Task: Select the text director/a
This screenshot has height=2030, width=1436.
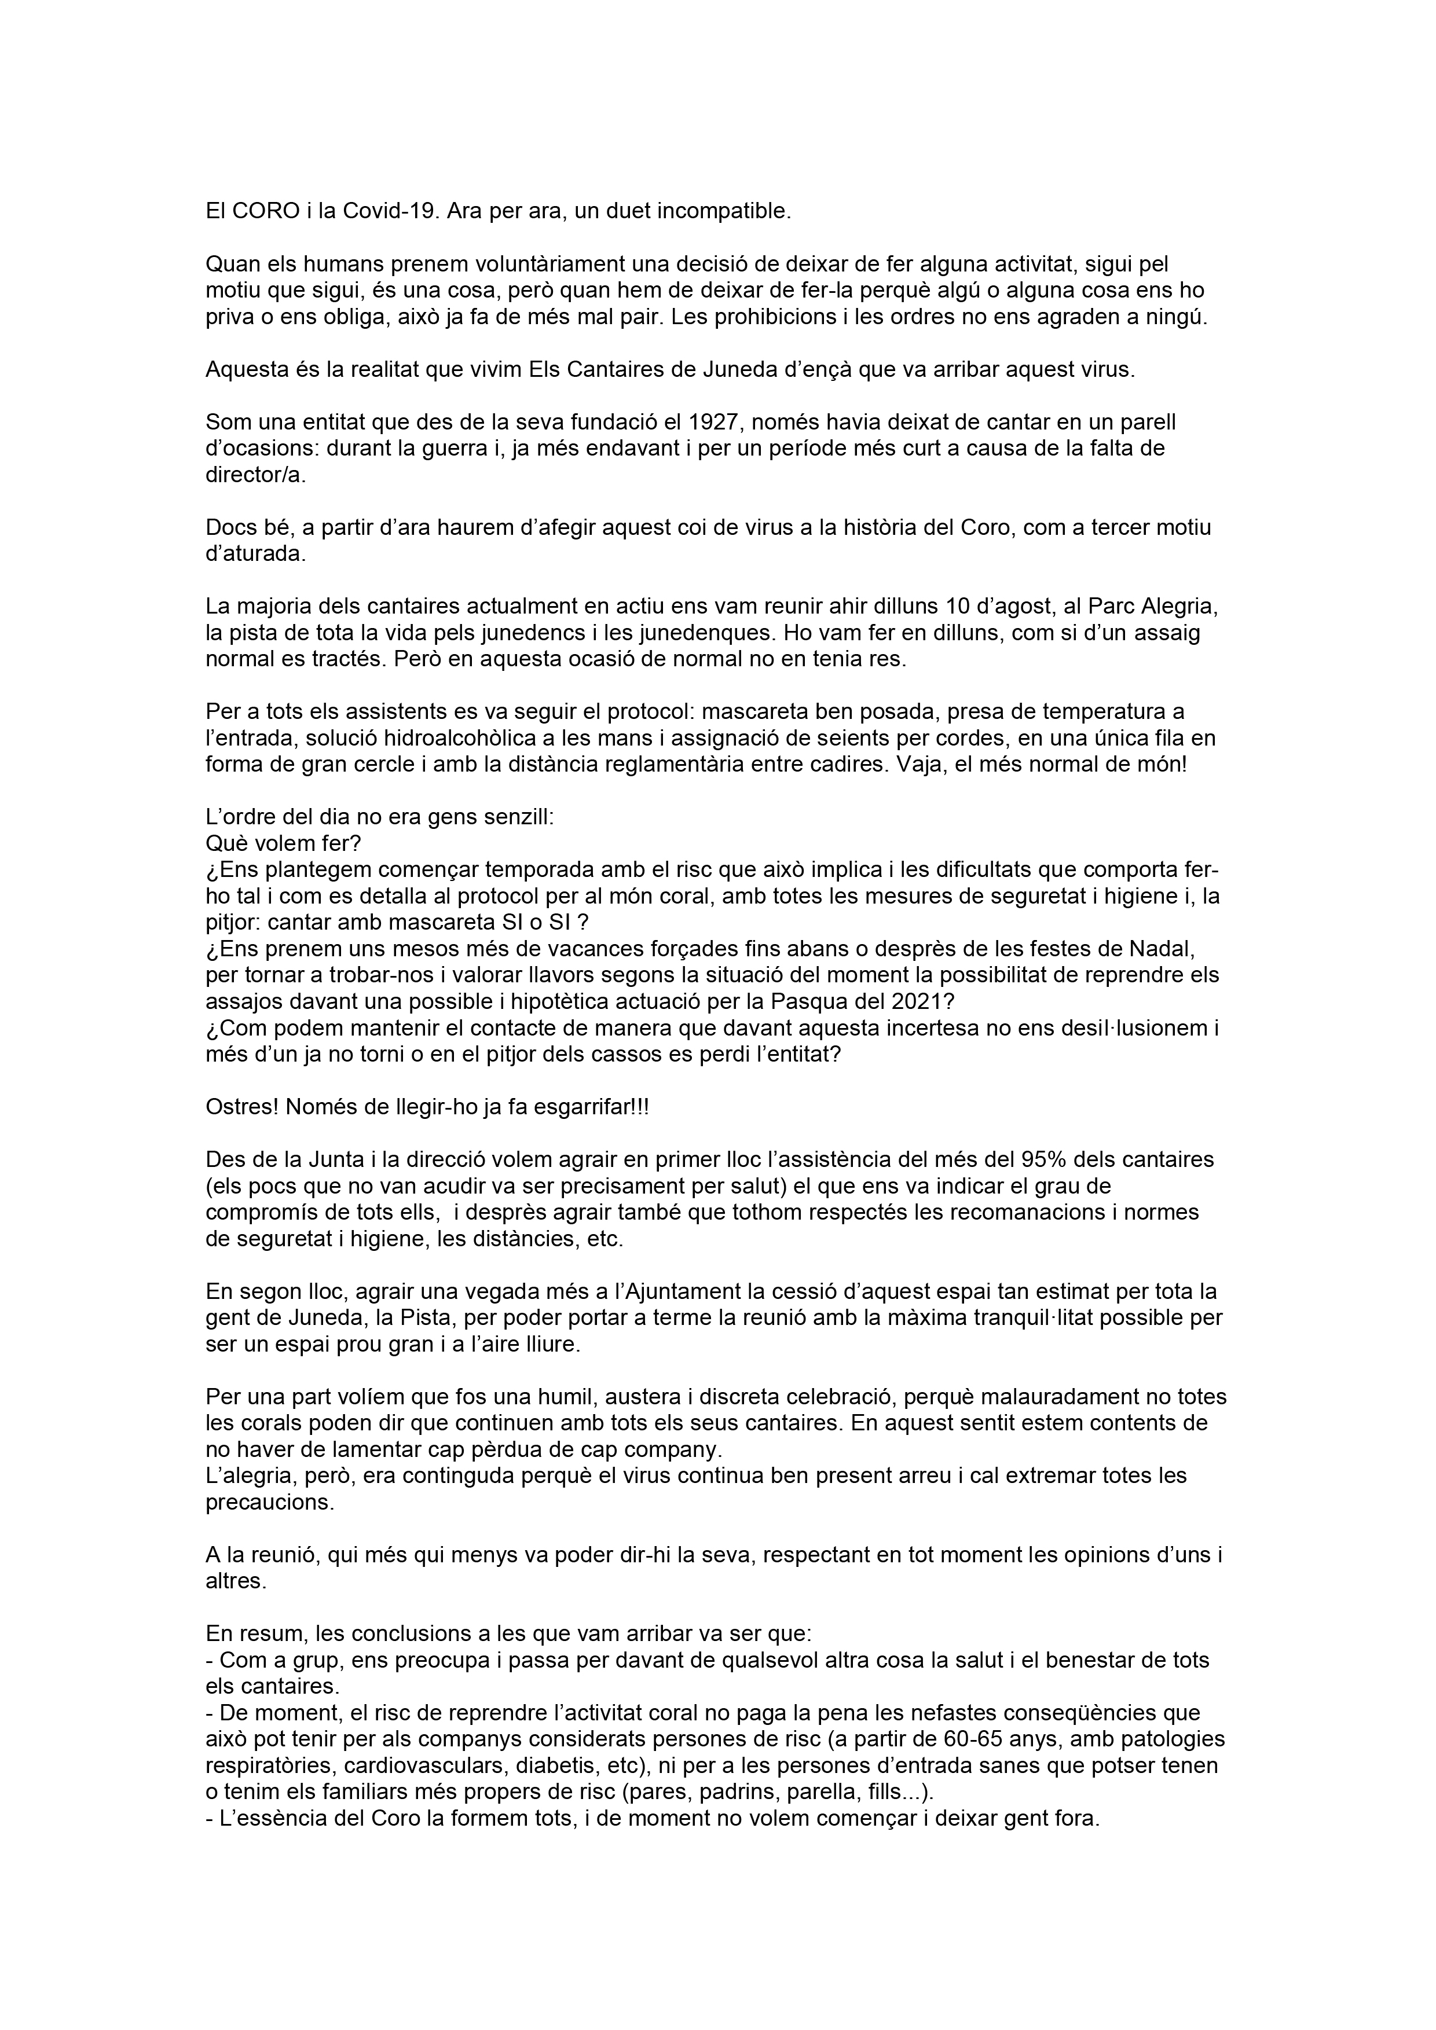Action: [x=253, y=476]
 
